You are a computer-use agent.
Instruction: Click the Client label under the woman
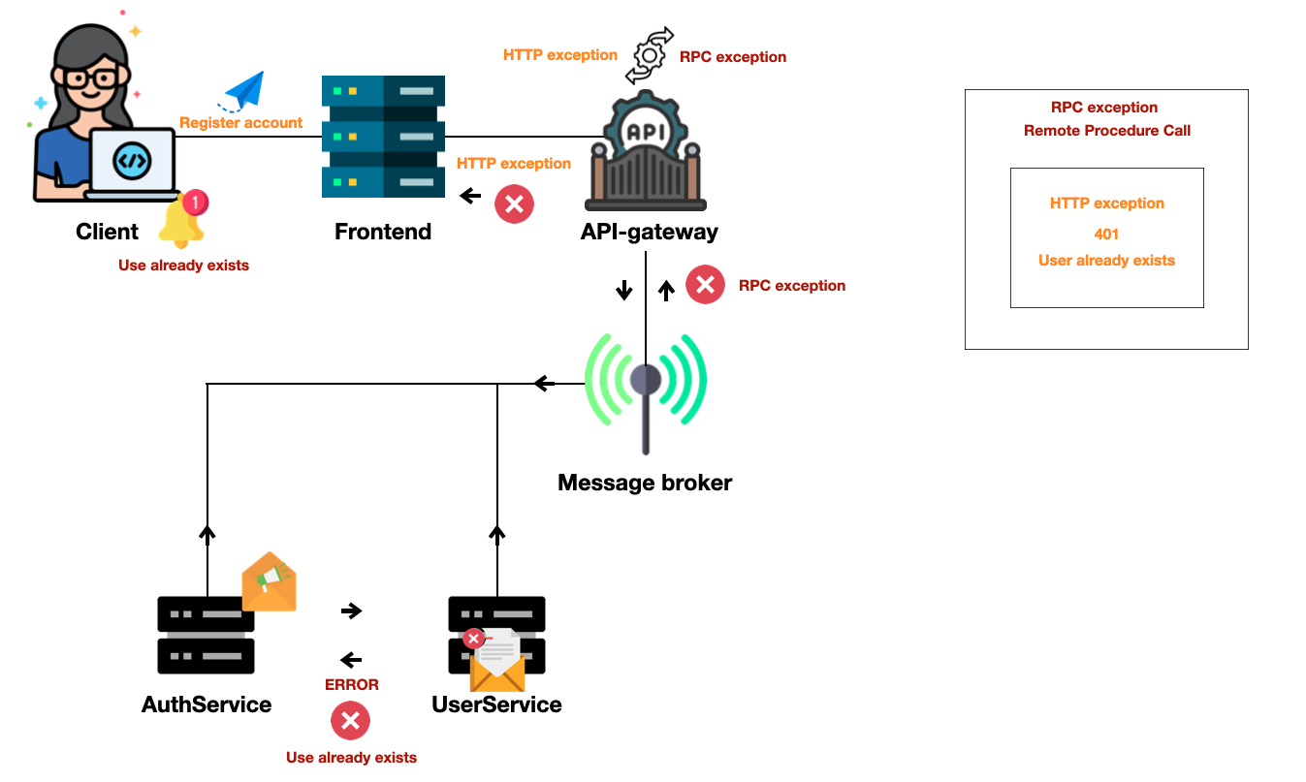107,232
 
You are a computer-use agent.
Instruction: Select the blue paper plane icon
243,92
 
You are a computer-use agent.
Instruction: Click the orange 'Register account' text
240,123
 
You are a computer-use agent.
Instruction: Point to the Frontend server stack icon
383,137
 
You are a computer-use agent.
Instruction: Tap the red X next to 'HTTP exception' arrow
515,204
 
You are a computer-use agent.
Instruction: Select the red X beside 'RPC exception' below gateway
705,285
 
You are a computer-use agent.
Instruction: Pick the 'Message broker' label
645,482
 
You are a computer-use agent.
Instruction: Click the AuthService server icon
206,635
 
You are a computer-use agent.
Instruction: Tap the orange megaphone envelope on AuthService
269,581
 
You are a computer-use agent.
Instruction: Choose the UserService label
496,704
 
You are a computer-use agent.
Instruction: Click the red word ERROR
351,684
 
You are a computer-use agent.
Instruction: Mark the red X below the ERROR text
350,721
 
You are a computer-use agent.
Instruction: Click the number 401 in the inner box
1106,234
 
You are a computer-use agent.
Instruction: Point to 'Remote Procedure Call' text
1106,131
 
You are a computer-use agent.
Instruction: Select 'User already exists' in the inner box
1106,261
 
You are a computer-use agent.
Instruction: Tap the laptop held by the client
132,163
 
